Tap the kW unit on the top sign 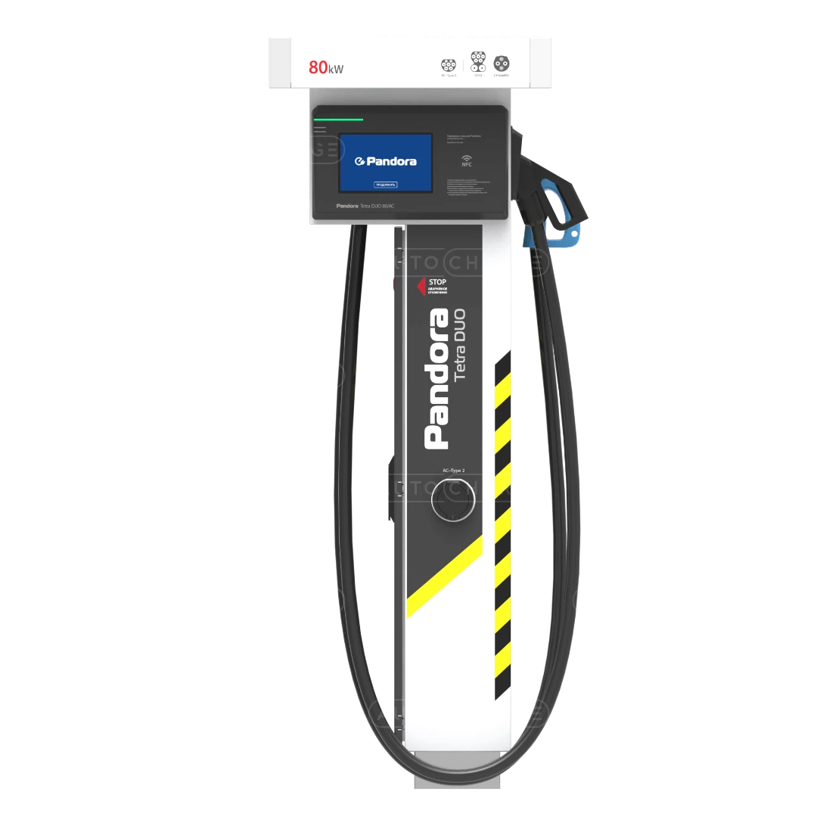click(x=336, y=70)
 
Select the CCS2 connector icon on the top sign click(x=478, y=61)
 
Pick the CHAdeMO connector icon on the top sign click(x=501, y=63)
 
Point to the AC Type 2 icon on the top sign click(x=449, y=64)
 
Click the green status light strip click(x=339, y=120)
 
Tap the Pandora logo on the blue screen click(x=386, y=161)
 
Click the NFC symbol click(x=468, y=160)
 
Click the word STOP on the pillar click(x=437, y=281)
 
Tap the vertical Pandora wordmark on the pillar click(x=436, y=378)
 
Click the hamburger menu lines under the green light click(x=320, y=130)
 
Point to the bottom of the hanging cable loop click(x=454, y=764)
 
